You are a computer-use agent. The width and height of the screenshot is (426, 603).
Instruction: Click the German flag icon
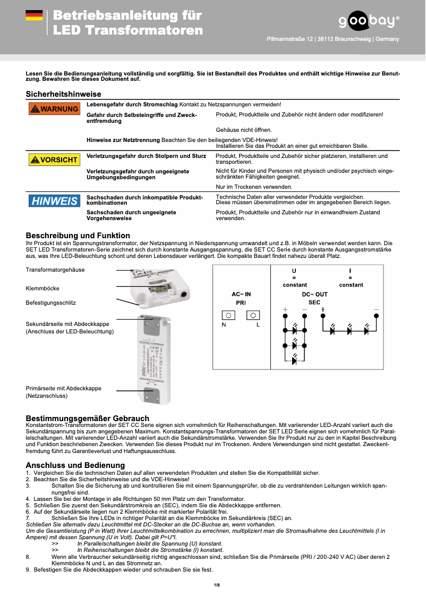pos(34,16)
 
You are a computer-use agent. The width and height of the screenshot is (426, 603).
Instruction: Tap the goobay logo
pos(369,21)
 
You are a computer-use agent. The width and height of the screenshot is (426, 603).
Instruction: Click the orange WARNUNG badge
pos(53,109)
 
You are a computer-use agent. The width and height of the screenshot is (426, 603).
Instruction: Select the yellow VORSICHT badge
pos(53,160)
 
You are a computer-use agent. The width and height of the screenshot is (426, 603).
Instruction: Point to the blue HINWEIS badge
pos(53,201)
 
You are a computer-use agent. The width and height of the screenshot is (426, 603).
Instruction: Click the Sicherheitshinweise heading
pos(64,94)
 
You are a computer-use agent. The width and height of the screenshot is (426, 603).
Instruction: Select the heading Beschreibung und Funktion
pos(78,236)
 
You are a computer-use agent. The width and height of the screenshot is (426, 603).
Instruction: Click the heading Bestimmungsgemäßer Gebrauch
pos(88,418)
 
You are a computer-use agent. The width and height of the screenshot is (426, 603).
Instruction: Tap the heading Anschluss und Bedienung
pos(75,465)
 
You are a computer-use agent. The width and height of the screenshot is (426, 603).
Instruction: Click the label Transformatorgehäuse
pos(55,270)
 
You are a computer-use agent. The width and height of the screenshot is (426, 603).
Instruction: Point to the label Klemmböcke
pos(42,288)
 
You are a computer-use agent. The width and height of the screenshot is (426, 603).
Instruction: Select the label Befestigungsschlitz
pos(51,303)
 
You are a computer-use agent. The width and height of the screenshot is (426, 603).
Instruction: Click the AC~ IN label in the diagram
pos(241,294)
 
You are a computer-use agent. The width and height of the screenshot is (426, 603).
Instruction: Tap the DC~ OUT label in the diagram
pos(314,294)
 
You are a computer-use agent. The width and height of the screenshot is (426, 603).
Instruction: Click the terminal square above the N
pos(228,315)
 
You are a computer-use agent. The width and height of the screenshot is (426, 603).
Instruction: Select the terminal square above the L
pos(253,315)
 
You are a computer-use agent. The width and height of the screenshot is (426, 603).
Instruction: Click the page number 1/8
pos(217,585)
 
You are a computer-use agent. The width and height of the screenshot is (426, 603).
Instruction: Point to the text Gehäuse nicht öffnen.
pos(244,130)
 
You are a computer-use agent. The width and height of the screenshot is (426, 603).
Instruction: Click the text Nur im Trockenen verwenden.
pos(254,187)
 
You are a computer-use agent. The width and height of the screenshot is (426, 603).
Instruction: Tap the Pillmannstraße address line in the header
pos(333,39)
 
